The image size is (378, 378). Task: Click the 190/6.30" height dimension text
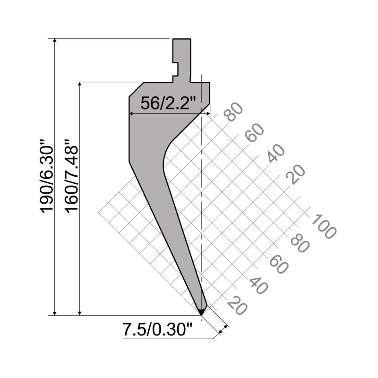pos(46,176)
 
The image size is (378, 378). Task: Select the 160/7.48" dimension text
pos(72,176)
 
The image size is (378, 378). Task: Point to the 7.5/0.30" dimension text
pos(158,329)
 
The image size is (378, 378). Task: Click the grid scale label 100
pos(324,226)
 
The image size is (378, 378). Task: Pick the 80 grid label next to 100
pos(300,244)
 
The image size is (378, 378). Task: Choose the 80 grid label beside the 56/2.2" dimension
pos(233,112)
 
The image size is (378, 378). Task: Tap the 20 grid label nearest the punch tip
pos(237,305)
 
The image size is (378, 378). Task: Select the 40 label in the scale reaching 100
pos(258,285)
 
